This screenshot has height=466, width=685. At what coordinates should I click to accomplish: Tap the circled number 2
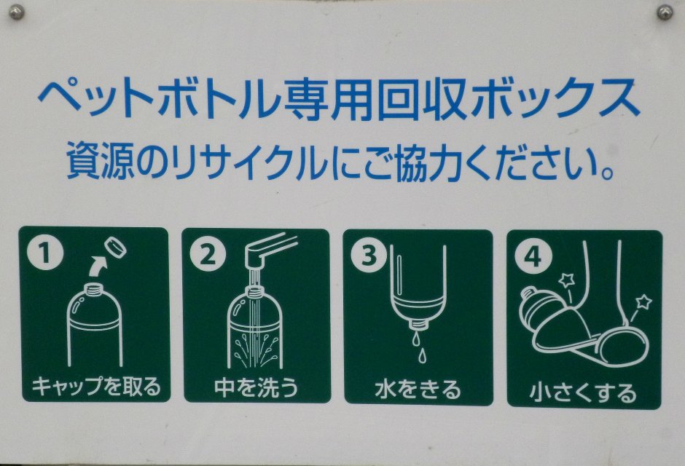(208, 254)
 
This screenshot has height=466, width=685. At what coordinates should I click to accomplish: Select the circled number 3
(369, 256)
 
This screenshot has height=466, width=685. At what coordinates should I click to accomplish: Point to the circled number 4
(533, 256)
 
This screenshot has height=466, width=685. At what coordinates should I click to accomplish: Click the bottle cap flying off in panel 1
(116, 248)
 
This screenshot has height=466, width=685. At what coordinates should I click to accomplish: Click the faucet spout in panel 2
(270, 250)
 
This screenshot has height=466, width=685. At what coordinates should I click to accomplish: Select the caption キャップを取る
(96, 386)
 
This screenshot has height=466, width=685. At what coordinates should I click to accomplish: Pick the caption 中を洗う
(257, 387)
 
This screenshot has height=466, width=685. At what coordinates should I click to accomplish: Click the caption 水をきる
(418, 390)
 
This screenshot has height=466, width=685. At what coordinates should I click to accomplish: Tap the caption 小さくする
(583, 392)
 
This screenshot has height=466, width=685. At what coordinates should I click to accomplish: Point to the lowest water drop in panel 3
(422, 355)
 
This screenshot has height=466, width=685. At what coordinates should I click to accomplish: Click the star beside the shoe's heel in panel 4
(643, 302)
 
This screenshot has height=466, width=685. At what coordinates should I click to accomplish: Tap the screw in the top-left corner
(17, 13)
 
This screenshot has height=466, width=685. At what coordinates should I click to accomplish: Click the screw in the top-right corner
(665, 12)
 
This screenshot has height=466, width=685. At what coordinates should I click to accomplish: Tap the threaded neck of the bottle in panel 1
(94, 288)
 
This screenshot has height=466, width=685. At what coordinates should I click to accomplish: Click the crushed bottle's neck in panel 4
(530, 293)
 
